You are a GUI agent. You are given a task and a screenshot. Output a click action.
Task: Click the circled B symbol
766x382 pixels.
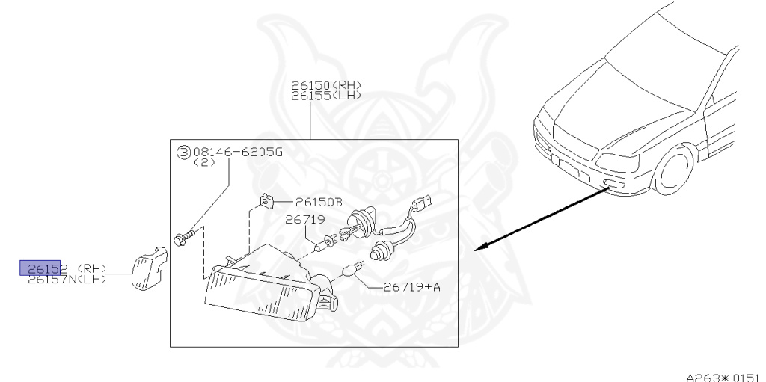[183, 151]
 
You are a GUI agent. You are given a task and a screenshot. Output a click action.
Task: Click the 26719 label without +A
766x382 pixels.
[303, 220]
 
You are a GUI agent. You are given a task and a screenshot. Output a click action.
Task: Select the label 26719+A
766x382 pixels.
[411, 286]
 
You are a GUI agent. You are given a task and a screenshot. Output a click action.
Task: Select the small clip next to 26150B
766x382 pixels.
[266, 200]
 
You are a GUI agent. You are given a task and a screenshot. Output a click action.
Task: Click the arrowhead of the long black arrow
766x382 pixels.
[482, 246]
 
